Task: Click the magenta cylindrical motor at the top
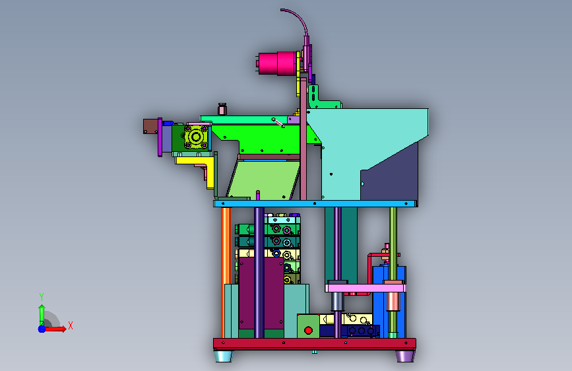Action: (x=276, y=63)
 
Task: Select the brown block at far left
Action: (x=150, y=126)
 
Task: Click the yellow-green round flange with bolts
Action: (x=196, y=137)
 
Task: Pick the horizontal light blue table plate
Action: (x=315, y=203)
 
